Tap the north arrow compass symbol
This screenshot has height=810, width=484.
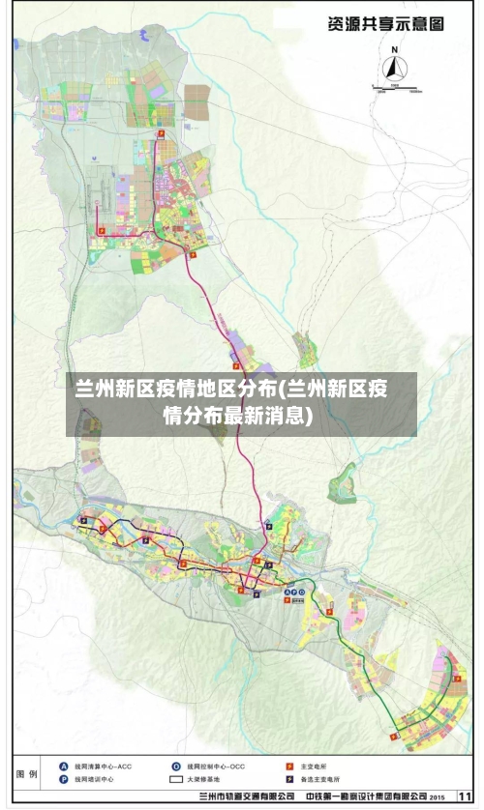394,68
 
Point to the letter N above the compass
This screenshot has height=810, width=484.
394,47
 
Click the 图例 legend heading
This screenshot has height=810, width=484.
28,774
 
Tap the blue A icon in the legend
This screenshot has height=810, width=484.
64,766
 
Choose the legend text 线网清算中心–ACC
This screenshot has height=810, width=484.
103,766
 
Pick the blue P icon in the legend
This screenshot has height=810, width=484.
64,779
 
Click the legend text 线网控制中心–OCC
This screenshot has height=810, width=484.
216,766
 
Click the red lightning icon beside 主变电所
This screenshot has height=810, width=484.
289,766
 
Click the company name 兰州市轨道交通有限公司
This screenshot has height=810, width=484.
246,797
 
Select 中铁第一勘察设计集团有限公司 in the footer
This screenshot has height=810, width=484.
365,797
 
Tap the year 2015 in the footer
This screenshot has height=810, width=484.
437,797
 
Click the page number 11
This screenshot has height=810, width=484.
465,796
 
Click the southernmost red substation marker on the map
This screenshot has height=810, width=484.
392,735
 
